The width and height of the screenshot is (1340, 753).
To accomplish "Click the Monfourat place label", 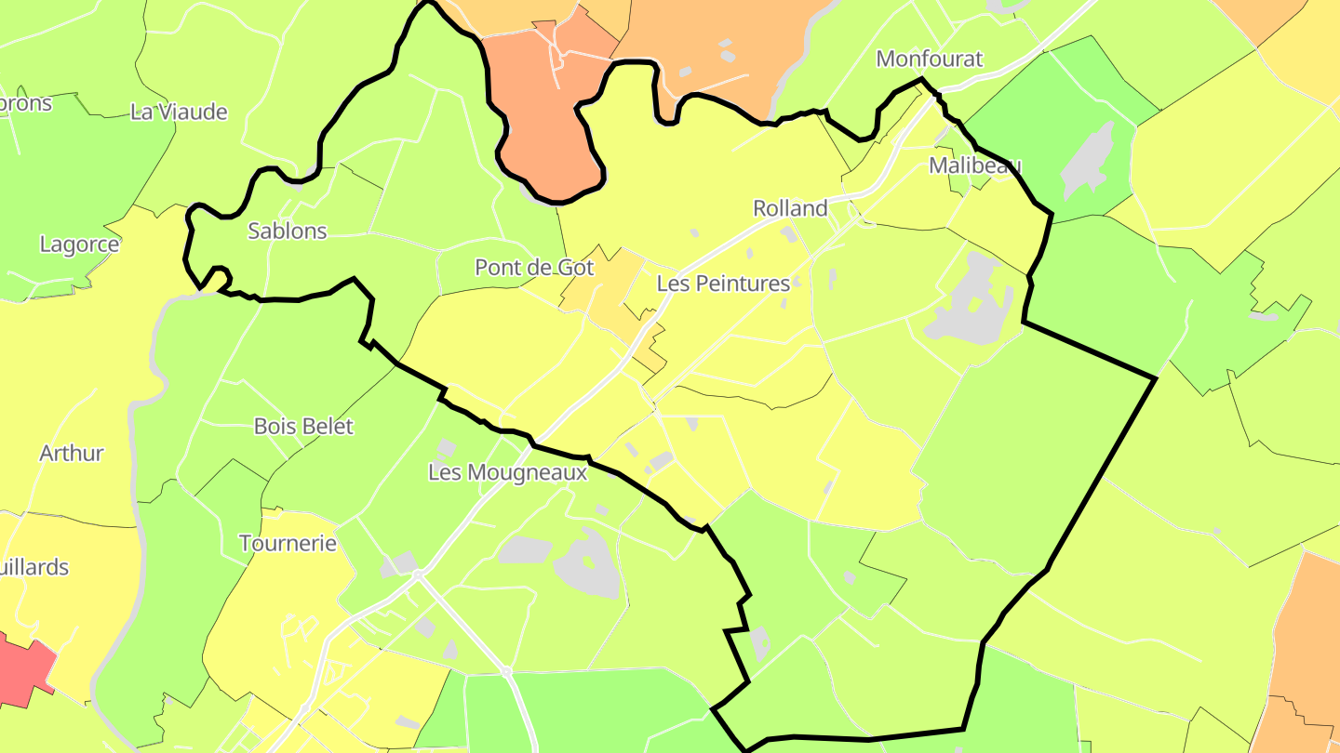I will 929,59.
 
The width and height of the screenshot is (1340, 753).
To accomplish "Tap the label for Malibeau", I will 974,166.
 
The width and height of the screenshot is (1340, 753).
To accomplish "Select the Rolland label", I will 790,208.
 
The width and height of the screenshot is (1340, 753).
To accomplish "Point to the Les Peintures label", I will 723,284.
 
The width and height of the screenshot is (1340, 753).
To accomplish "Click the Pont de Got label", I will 534,268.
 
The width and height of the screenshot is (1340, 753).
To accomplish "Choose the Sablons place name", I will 287,231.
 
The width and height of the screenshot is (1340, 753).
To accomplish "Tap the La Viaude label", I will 179,112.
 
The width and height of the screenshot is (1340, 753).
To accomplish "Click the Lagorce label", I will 79,244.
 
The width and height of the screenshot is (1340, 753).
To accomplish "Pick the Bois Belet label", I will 303,427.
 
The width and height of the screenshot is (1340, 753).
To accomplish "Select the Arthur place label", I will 72,454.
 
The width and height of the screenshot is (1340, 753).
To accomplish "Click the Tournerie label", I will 288,544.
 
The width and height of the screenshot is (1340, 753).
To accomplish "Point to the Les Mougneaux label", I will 507,472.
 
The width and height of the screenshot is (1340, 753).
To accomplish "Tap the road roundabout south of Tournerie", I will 418,575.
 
